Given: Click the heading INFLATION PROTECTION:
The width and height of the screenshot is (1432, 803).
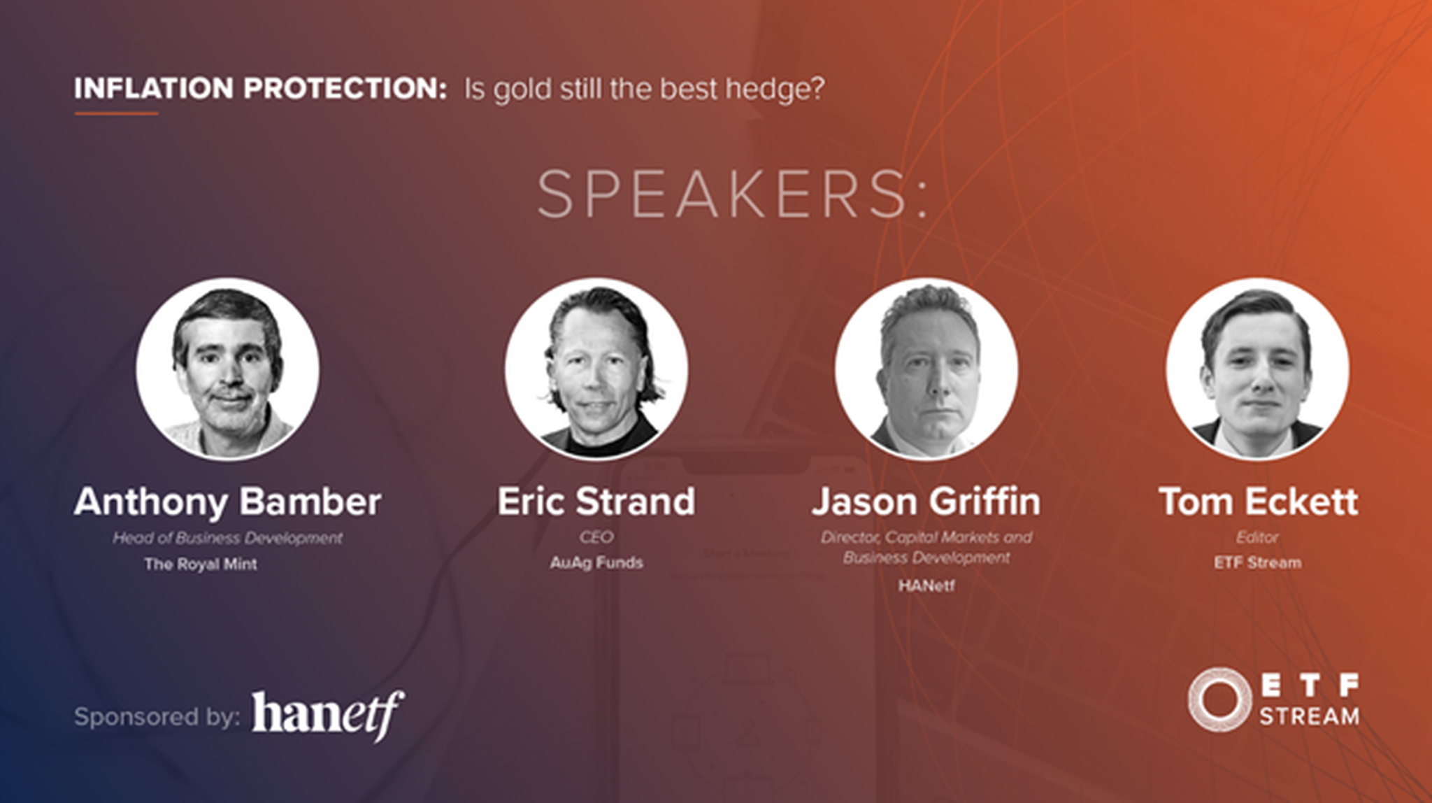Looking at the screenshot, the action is coord(260,89).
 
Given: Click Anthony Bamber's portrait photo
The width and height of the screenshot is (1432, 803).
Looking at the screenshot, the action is coord(228,369).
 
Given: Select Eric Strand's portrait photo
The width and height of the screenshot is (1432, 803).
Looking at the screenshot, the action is coord(596,369).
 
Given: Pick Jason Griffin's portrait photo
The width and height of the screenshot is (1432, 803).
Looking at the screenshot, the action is coord(926,369).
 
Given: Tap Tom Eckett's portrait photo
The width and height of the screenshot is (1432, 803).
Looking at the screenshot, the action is coord(1258,369).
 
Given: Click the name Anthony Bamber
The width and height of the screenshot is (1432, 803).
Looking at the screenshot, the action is coord(228,502).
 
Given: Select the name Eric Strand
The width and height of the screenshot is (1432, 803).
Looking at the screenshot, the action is coord(596,502).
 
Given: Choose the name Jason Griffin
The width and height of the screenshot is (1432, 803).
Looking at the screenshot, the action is coord(926,502).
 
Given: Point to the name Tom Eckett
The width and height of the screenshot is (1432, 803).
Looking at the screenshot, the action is coord(1258,502).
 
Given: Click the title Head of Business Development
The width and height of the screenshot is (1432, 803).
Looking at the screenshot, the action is coord(228,538).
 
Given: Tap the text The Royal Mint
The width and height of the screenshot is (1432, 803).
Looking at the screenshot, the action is coord(201,564).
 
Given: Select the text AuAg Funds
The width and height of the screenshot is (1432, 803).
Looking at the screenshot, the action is coord(596,562).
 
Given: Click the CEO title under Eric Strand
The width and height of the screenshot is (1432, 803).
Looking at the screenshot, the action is coord(596,537).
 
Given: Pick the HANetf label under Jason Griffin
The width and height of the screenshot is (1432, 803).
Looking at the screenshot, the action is coord(926,585).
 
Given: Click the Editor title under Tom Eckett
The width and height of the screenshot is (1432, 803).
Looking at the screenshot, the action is coord(1258,537).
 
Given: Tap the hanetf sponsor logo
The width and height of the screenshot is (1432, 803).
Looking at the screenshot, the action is coord(328,715).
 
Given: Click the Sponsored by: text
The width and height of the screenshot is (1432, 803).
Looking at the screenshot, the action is coord(157,717).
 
